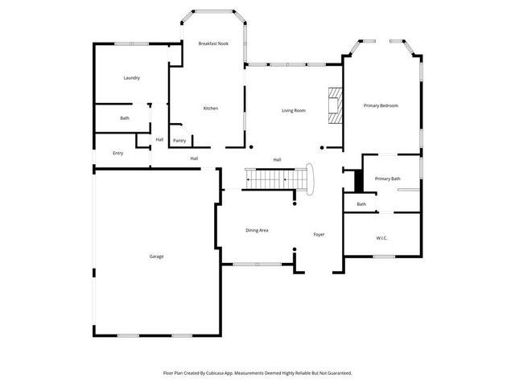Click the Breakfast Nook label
point(213,43)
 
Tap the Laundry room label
point(132,78)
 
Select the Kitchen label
point(210,109)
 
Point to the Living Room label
point(293,110)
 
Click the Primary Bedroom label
point(381,105)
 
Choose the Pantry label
point(179,141)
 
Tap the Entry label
point(118,153)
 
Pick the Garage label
point(156,257)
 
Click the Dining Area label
point(257,230)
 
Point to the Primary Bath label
point(387,179)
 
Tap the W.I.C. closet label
point(381,238)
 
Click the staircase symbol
point(274,178)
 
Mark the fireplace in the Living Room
point(333,105)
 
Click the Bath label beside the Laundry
point(125,118)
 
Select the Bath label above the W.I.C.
point(361,204)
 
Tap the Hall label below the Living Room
point(277,159)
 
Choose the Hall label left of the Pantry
point(159,140)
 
